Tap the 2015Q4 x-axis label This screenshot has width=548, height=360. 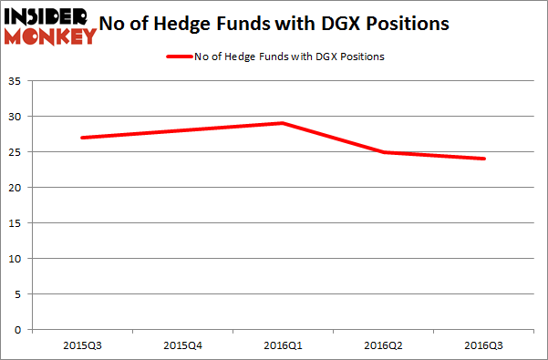click(182, 345)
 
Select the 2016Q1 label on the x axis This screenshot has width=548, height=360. click(283, 345)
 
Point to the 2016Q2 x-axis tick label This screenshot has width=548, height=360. click(384, 345)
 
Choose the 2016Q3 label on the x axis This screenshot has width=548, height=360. click(484, 345)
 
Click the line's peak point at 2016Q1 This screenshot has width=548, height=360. click(283, 123)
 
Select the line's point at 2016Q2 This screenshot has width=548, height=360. click(384, 152)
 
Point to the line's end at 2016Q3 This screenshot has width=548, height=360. click(484, 159)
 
